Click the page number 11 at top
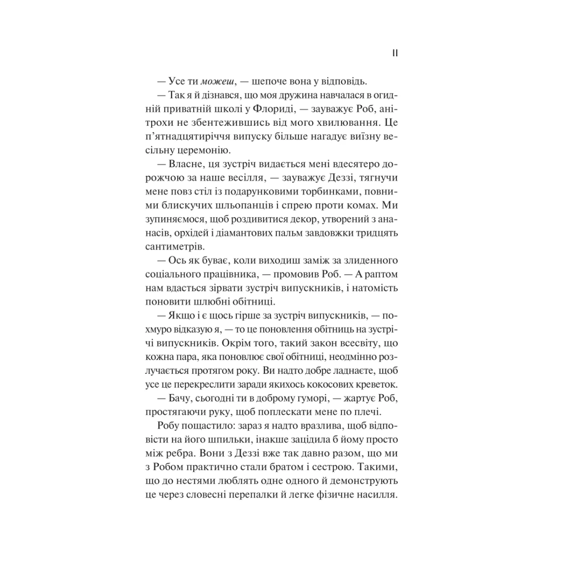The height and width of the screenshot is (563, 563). (x=395, y=53)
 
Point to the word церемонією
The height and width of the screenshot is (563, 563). (x=205, y=151)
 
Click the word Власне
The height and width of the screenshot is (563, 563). (x=183, y=165)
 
